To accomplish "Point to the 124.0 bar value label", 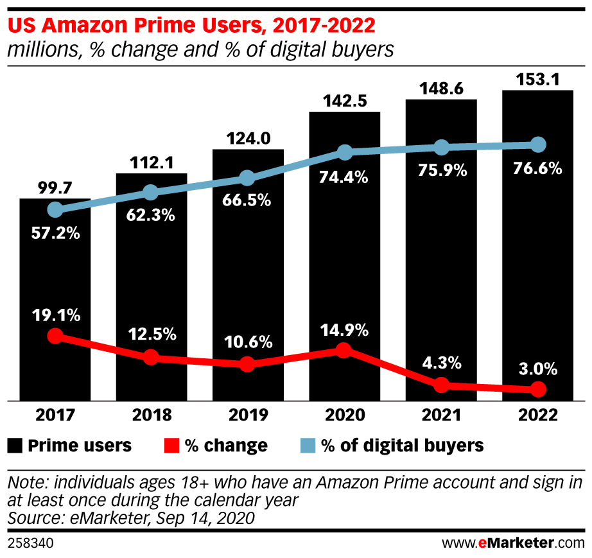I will [x=248, y=139].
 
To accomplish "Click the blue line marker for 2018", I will [x=151, y=192].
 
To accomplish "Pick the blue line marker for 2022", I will [x=538, y=144].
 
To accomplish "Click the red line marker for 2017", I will [x=55, y=336].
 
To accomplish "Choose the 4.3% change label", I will [x=441, y=363].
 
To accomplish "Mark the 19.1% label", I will [x=55, y=315].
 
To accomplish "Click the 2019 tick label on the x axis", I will [x=248, y=415].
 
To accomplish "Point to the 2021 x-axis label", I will [x=441, y=415].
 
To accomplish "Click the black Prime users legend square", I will [x=15, y=445].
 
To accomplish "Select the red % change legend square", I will [x=171, y=445].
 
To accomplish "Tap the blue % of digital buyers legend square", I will [x=308, y=445].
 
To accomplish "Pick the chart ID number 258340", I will [x=30, y=543].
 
